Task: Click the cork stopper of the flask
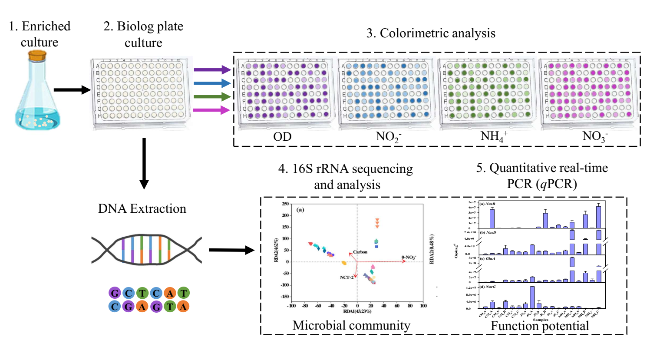click(x=37, y=56)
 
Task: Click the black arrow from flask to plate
click(x=72, y=90)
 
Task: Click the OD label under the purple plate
click(x=282, y=137)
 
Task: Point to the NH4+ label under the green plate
click(x=494, y=137)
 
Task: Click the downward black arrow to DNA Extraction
click(x=144, y=163)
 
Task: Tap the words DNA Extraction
click(x=142, y=208)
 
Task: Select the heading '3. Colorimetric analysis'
click(x=431, y=33)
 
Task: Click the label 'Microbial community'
click(x=351, y=325)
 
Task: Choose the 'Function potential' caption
click(x=540, y=326)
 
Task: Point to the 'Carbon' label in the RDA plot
click(x=360, y=252)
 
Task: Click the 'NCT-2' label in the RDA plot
click(x=346, y=277)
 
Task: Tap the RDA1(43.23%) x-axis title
click(x=357, y=311)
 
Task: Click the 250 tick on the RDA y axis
click(x=285, y=204)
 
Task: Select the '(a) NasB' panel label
click(x=487, y=204)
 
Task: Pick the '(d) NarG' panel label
click(x=487, y=287)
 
